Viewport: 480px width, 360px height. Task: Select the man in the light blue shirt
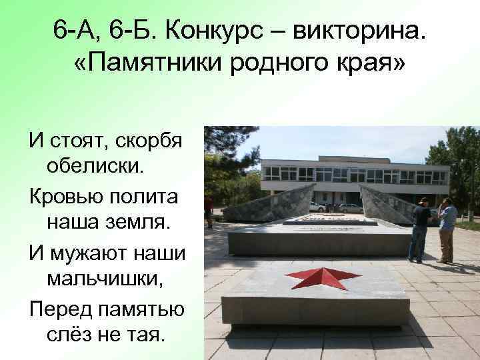click(x=447, y=230)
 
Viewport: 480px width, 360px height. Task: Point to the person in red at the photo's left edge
click(x=209, y=211)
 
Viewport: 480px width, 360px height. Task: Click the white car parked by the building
click(x=317, y=207)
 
